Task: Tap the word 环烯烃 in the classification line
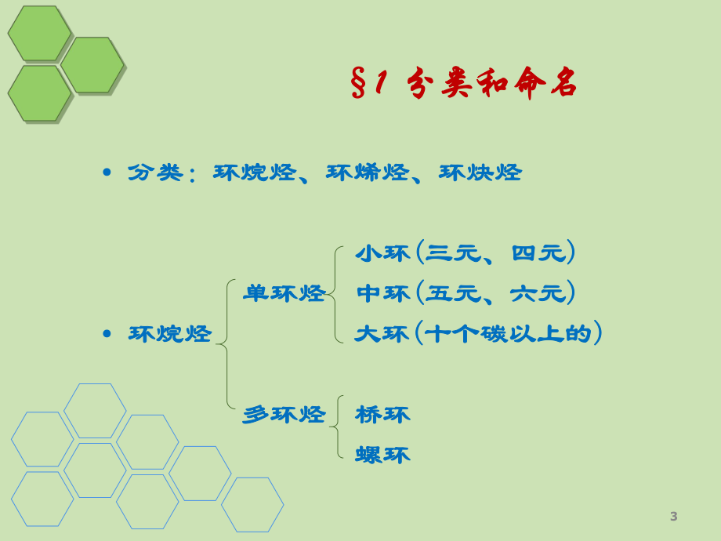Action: pos(368,173)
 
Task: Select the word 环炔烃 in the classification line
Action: pos(480,173)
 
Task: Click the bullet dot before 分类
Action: pos(107,172)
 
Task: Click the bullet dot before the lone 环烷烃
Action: pos(107,334)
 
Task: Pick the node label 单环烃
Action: pos(284,294)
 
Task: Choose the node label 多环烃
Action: pos(284,415)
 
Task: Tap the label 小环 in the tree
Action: pos(382,253)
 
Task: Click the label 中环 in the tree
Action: pos(382,294)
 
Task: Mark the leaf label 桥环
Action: pos(382,415)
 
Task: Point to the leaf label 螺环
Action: pos(382,456)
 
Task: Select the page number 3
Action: pos(674,517)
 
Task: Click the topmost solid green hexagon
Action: pos(39,33)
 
